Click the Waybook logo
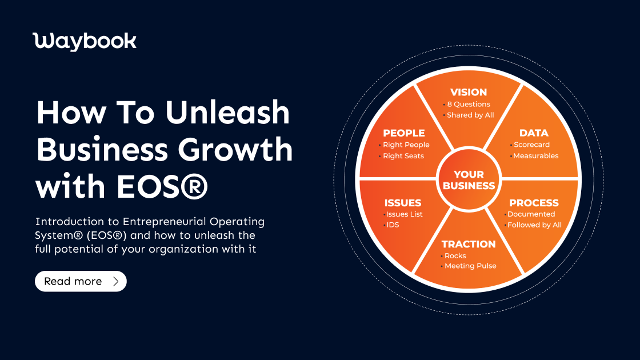pos(85,41)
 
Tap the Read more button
pos(81,281)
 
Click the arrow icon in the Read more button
pos(116,281)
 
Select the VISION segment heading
pos(469,92)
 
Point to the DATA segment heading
pos(534,133)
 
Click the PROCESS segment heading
pos(534,203)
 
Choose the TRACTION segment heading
pos(469,244)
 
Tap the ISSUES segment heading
pos(403,203)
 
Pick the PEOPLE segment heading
pos(404,133)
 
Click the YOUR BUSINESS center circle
pos(469,180)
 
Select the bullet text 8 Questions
pos(469,104)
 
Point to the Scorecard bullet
pos(531,145)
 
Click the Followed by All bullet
pos(534,225)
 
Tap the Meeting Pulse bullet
pos(470,266)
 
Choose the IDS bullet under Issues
pos(393,225)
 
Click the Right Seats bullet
pos(403,156)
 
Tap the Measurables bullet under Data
pos(536,156)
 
